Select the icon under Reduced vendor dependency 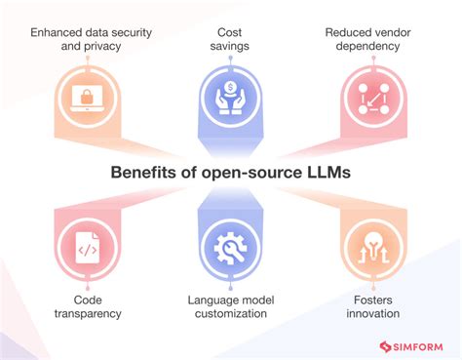coord(375,96)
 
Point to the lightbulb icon coord(375,248)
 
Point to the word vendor coord(399,32)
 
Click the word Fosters coord(374,300)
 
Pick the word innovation coord(374,314)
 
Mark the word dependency coord(375,47)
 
